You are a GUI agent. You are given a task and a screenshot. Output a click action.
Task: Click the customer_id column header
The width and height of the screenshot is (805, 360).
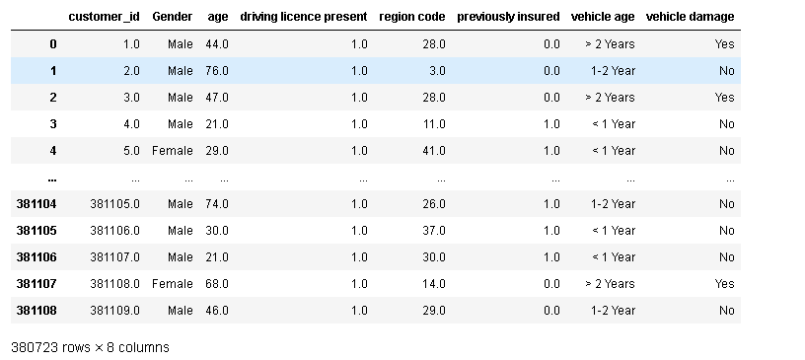coord(104,17)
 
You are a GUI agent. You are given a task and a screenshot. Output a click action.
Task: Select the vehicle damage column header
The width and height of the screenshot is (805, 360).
coord(690,17)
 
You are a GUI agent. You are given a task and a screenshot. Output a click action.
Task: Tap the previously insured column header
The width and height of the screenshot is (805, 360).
coord(508,17)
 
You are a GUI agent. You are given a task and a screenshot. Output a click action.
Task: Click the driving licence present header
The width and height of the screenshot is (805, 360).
coord(303,17)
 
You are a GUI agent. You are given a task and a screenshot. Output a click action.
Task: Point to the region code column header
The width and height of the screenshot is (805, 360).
coord(411,17)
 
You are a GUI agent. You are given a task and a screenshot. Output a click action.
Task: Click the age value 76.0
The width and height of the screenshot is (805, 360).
coord(217,71)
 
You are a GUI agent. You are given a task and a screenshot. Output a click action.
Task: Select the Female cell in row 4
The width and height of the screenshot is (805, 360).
coord(173,151)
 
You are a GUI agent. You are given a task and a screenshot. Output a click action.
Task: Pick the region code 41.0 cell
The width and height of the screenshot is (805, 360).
coord(434,151)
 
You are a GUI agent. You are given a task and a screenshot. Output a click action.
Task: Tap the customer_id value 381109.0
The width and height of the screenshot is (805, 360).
coord(114,311)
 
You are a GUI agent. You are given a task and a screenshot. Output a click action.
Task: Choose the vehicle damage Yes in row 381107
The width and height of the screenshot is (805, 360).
coord(724,284)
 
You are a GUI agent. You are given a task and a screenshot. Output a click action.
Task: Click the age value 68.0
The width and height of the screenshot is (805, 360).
coord(217,284)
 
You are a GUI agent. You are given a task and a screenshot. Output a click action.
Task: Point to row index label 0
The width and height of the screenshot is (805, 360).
coord(51,44)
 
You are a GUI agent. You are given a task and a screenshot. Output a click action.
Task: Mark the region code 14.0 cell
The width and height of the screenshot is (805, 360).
coord(434,284)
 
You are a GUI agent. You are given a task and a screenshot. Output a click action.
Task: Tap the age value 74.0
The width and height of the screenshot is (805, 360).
coord(217,204)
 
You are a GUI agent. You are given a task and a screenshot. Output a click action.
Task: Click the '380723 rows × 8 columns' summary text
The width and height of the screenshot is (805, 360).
coord(90,347)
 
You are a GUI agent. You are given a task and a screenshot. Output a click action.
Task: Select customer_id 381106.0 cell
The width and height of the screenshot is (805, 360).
coord(114,231)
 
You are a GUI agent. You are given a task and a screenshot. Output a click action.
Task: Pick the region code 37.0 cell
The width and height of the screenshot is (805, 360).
coord(434,231)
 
